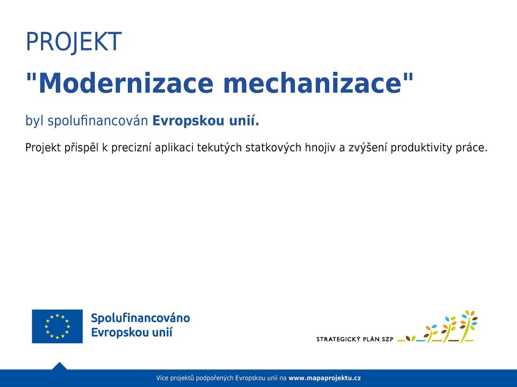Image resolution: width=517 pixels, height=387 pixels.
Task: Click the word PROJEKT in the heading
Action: click(x=74, y=42)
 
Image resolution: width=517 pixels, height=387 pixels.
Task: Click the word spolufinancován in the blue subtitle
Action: click(x=97, y=121)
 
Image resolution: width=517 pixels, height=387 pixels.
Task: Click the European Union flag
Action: click(x=58, y=326)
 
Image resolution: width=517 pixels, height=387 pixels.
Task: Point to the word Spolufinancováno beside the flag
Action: click(x=140, y=318)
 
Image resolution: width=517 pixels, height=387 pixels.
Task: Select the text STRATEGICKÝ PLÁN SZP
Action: click(x=355, y=339)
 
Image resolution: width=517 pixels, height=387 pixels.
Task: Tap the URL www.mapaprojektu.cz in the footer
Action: click(x=325, y=378)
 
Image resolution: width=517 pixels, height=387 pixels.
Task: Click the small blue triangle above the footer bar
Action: click(x=60, y=366)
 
